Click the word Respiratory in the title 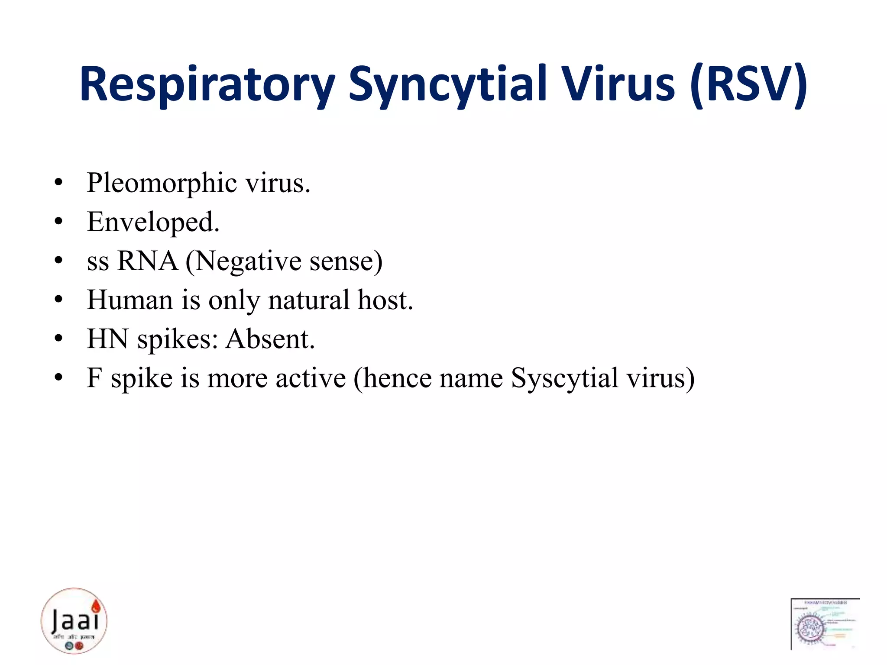(x=207, y=84)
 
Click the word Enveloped (x=153, y=222)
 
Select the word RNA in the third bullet (x=147, y=261)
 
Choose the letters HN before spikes (x=107, y=339)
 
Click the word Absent (x=270, y=339)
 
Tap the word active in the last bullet (x=311, y=378)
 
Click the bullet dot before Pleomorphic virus (x=59, y=183)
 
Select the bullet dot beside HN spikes (x=59, y=339)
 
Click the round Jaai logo (x=74, y=621)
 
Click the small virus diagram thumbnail (x=825, y=624)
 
